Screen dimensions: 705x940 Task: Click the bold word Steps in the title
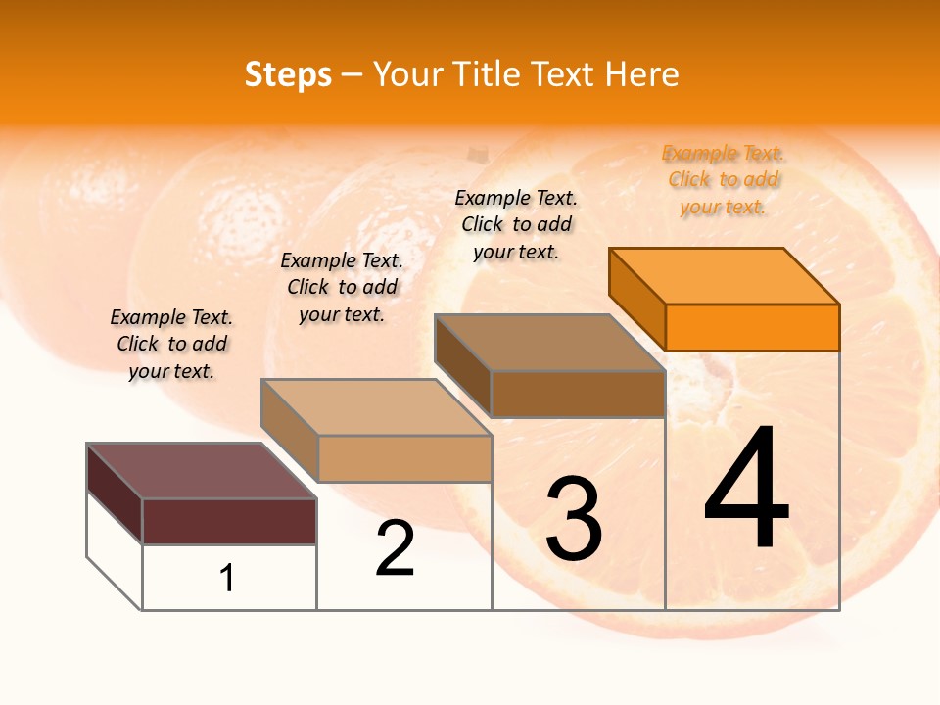(x=288, y=74)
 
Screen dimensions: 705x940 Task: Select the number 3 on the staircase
(x=573, y=518)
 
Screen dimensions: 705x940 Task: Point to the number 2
(x=396, y=548)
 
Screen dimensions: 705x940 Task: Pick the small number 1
(x=227, y=578)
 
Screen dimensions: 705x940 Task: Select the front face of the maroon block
(x=229, y=521)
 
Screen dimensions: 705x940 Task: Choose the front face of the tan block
(x=404, y=458)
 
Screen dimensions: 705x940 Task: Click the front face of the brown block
(x=578, y=394)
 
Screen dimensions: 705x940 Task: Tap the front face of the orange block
(x=752, y=327)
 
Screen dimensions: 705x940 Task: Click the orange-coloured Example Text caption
(x=723, y=180)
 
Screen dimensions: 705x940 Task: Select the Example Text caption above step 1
(x=171, y=344)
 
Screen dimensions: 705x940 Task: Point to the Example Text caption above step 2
(x=342, y=287)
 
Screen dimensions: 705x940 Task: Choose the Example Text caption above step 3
(x=516, y=224)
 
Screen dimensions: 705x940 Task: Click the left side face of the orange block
(x=637, y=299)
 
